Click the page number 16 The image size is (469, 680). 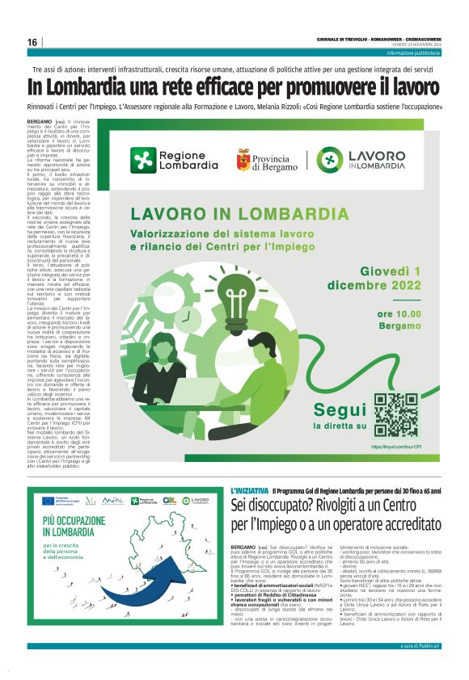pyautogui.click(x=32, y=42)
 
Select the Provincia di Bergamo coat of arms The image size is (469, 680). pyautogui.click(x=243, y=158)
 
